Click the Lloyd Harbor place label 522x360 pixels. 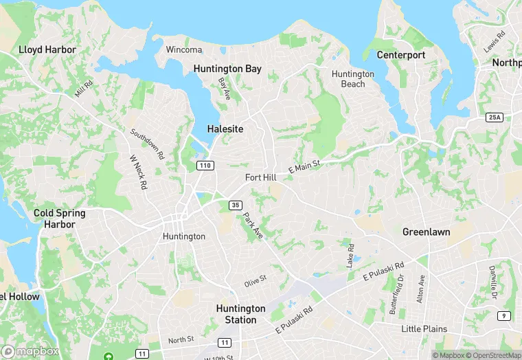47,49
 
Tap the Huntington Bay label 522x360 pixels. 227,69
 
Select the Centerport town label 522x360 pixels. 401,55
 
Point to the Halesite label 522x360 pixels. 225,129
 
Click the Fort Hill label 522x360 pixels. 261,177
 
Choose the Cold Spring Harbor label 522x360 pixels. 60,218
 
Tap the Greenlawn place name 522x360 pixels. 426,232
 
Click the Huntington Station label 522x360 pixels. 240,314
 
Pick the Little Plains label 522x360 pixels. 424,329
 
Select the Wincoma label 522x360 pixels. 184,49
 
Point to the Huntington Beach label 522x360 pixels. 353,79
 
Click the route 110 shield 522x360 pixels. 205,166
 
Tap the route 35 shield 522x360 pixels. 236,205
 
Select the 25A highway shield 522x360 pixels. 494,117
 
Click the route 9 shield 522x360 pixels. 505,315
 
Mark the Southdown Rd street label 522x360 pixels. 148,144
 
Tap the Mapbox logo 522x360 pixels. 30,350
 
